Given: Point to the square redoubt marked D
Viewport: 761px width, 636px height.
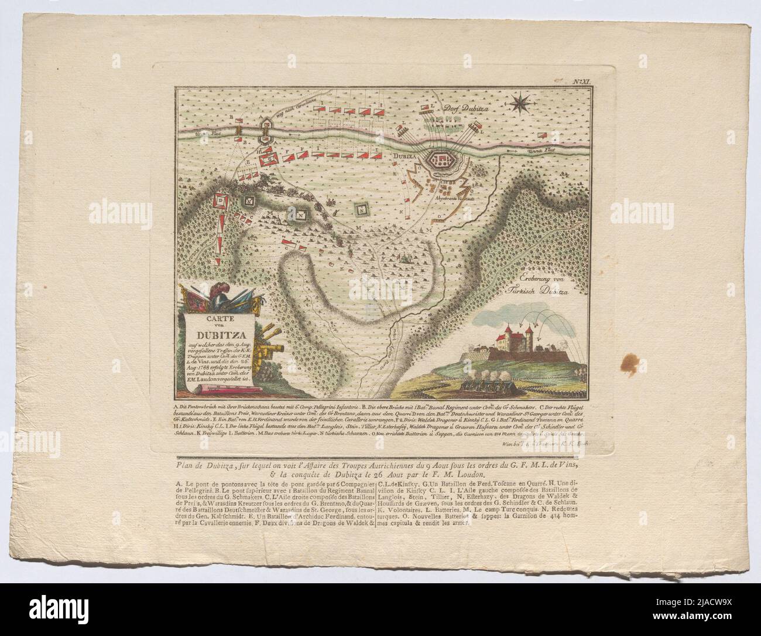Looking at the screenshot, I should coord(221,200).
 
